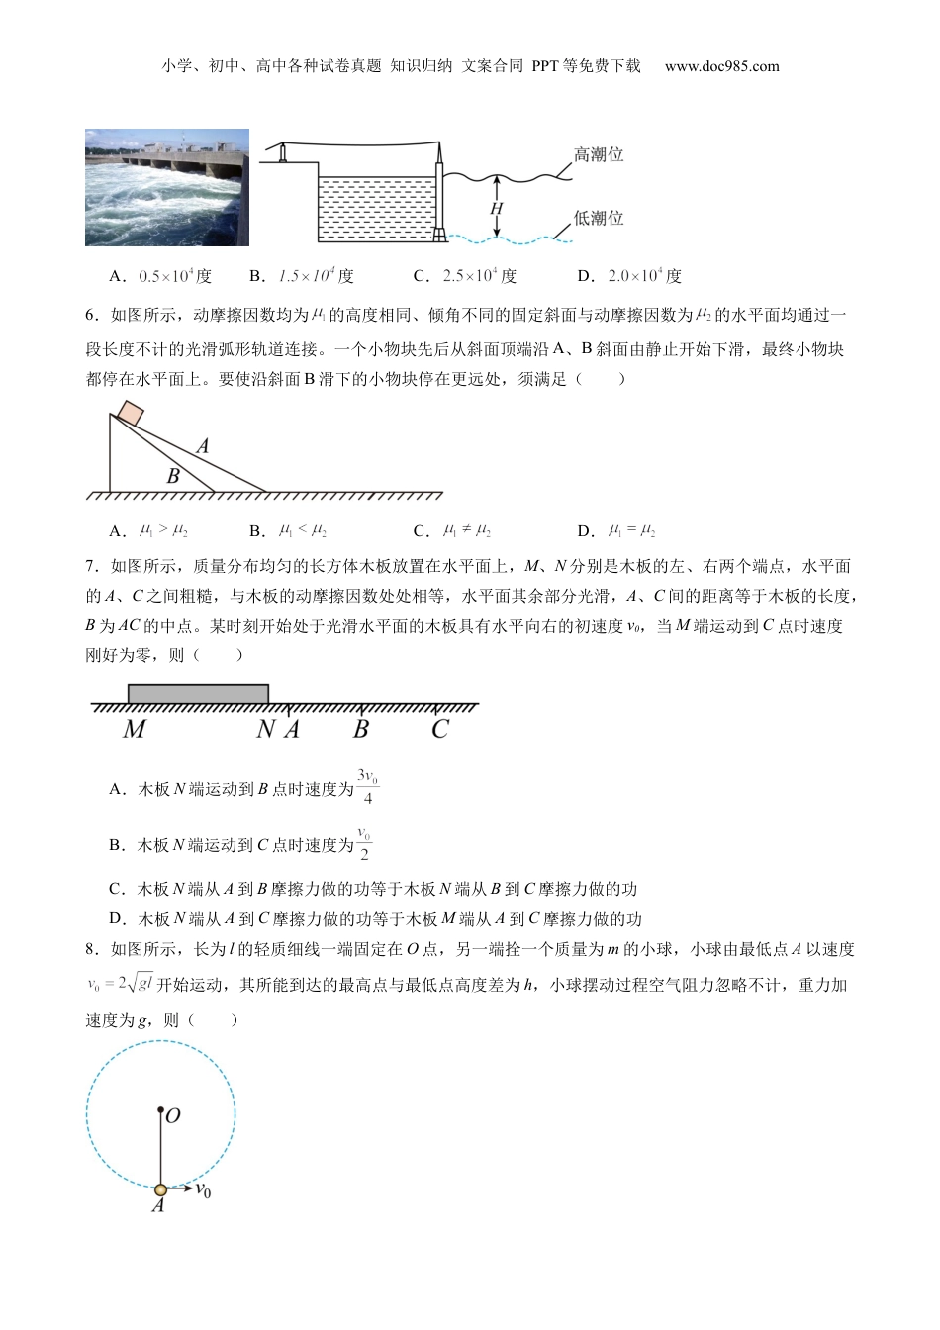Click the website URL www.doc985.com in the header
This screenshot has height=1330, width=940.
721,66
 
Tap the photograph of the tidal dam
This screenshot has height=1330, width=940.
166,186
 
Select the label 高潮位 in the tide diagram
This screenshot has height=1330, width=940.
599,155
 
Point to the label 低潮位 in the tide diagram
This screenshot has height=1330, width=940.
599,218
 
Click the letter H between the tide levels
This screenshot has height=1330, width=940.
497,209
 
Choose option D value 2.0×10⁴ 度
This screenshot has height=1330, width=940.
644,276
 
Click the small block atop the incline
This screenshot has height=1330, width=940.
131,413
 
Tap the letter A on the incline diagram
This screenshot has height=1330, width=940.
203,446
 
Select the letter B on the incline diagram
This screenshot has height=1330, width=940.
173,476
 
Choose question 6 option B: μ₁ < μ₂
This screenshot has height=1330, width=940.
303,530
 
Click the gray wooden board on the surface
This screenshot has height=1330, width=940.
198,693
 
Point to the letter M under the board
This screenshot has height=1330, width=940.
134,730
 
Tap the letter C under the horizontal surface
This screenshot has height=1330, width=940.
440,730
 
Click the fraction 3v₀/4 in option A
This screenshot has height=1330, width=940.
367,787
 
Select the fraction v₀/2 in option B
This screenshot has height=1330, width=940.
364,844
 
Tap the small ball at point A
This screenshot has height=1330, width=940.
161,1187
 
